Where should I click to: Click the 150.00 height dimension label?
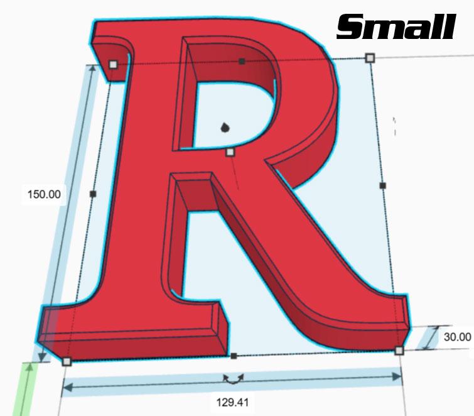pos(44,194)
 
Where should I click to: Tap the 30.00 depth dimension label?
pos(457,337)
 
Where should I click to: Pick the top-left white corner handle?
pos(113,64)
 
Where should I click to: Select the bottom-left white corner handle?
pos(67,361)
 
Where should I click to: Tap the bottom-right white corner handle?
pos(399,351)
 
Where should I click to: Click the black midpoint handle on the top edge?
pos(242,61)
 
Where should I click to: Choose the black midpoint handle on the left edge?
pos(93,194)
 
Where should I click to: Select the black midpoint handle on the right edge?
pos(383,185)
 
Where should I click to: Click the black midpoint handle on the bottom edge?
pos(234,356)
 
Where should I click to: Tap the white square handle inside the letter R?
pos(230,152)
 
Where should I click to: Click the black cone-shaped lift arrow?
pos(225,128)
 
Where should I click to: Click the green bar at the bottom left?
pos(25,390)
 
